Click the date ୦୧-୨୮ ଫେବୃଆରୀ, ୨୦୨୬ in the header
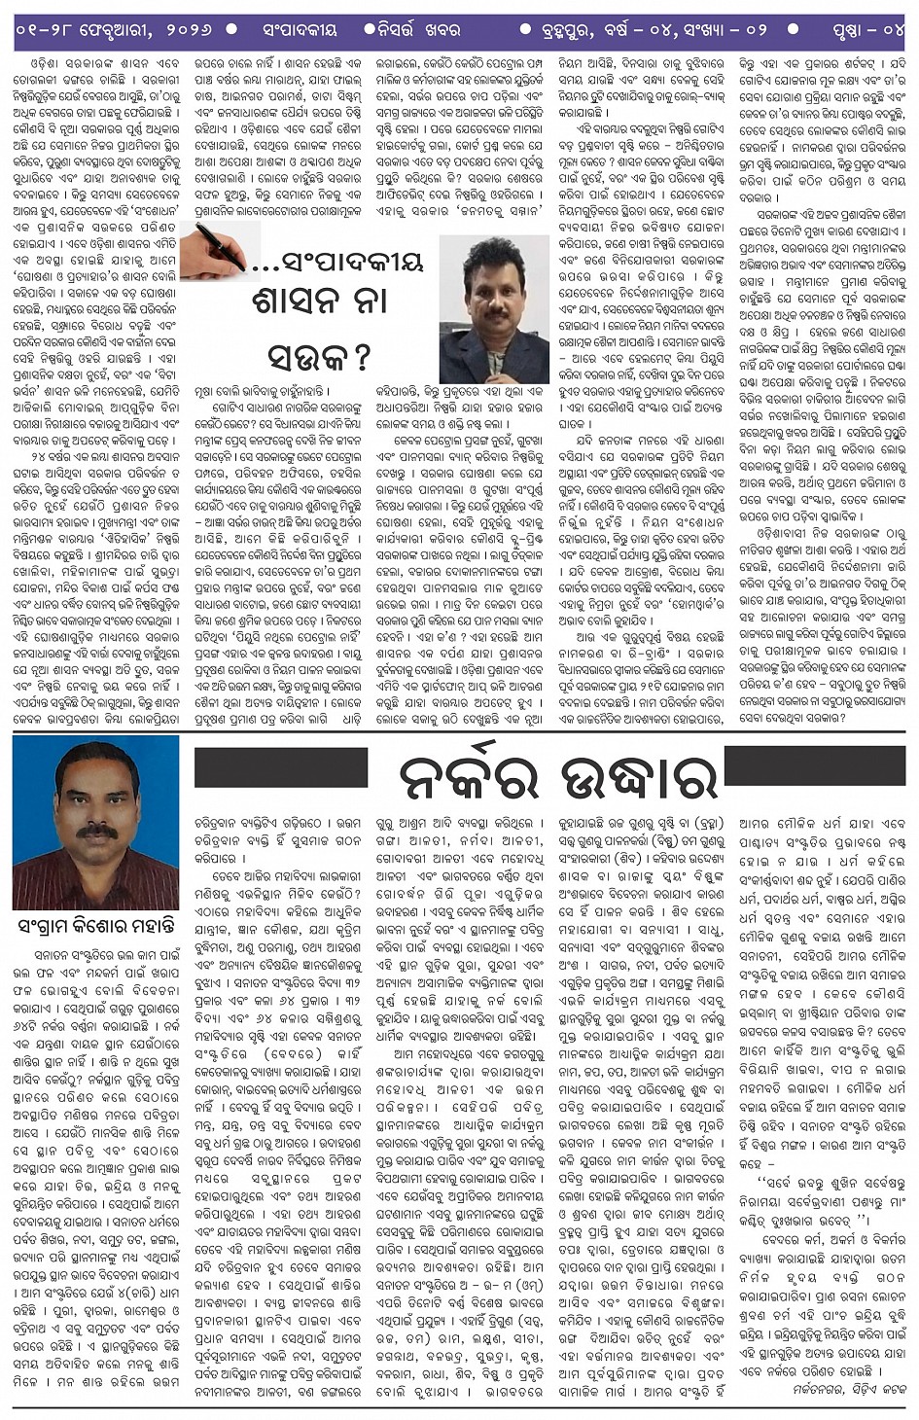(x=114, y=29)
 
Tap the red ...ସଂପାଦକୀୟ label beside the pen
(x=337, y=261)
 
